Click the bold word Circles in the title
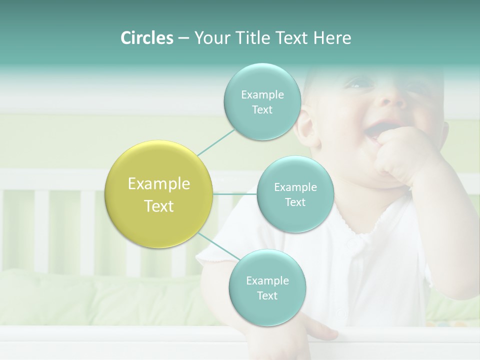(146, 38)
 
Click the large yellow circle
(159, 194)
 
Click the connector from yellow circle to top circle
(216, 142)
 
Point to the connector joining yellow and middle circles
(235, 194)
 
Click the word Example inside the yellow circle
(159, 184)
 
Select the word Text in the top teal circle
(262, 110)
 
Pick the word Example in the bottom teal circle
(267, 280)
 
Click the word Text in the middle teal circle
(295, 202)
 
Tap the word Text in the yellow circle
(159, 206)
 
